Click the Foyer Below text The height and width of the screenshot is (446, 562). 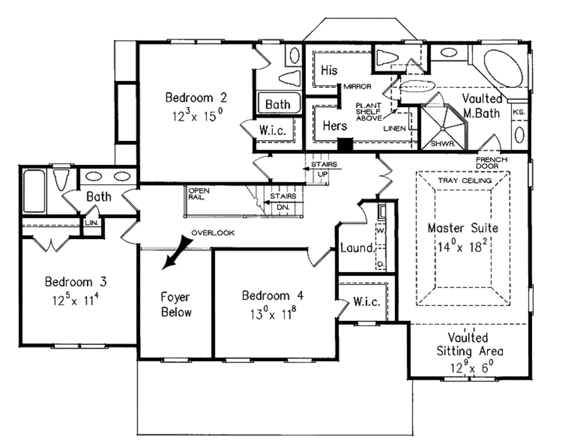point(176,305)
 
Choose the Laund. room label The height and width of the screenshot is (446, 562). point(356,248)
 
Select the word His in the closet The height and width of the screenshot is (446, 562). point(329,70)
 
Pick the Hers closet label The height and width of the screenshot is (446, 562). point(334,126)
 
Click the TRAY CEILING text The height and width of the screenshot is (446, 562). point(464,180)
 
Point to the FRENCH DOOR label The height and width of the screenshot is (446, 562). point(492,163)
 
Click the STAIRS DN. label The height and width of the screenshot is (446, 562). point(283,201)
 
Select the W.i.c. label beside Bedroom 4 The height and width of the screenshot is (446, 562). point(364,302)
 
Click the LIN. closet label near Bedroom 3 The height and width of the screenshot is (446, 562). point(91,223)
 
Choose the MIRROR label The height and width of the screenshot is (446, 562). point(357,86)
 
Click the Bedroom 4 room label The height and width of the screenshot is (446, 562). point(272,296)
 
